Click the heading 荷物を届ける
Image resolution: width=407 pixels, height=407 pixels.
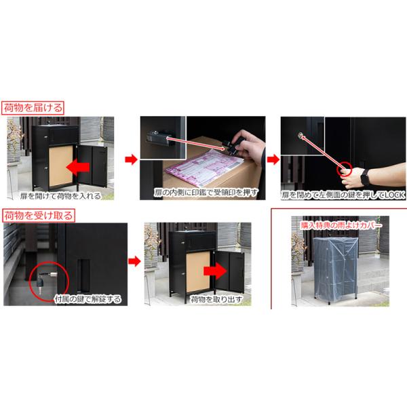point(33,108)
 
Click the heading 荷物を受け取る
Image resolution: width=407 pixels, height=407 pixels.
point(39,216)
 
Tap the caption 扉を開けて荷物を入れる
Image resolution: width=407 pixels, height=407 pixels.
point(60,196)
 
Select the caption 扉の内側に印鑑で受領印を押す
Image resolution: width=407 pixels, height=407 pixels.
point(206,193)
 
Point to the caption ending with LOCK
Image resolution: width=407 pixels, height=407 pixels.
point(343,195)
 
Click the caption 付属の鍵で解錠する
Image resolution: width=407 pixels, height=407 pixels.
point(88,299)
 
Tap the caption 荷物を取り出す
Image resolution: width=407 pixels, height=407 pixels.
point(216,299)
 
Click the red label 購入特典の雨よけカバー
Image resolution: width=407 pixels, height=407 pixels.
point(341,225)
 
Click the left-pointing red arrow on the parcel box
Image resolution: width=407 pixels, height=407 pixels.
point(78,167)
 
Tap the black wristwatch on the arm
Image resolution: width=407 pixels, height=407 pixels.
point(365,177)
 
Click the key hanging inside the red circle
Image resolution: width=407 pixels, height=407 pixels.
point(40,284)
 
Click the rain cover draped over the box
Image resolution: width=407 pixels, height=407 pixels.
point(335,269)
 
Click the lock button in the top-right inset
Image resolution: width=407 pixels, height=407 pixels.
point(301,135)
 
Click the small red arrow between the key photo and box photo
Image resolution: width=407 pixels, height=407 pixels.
point(134,261)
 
